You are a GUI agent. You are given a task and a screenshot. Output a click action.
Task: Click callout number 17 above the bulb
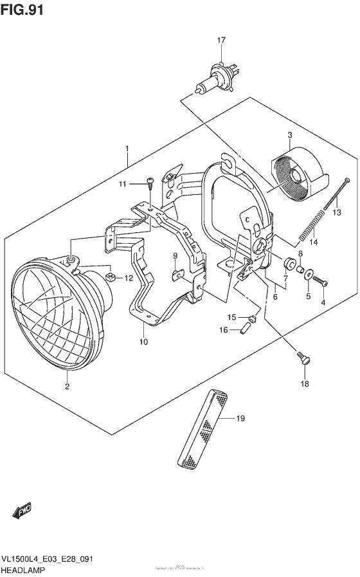tap(221, 41)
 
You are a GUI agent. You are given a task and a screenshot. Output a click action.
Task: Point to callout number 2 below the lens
tap(66, 387)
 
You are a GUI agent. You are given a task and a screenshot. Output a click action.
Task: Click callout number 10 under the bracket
tap(143, 342)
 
